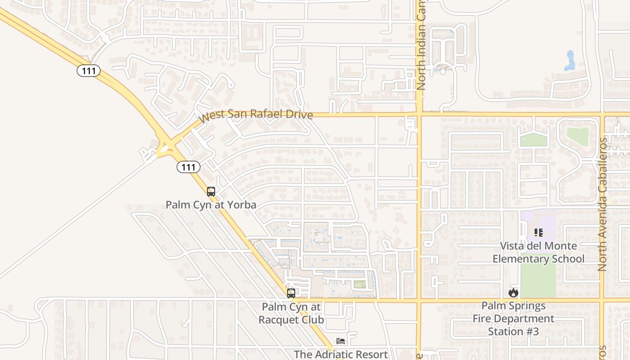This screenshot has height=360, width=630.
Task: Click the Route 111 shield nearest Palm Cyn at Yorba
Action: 188,167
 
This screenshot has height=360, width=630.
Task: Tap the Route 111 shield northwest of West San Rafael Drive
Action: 88,70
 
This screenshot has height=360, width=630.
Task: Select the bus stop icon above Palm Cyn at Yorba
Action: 211,191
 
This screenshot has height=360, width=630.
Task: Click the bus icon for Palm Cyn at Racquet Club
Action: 291,293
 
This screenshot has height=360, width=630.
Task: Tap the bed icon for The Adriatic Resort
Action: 341,341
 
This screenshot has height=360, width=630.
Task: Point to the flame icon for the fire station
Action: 513,292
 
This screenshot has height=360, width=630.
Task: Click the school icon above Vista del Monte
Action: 538,233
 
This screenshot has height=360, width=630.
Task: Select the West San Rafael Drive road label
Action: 256,115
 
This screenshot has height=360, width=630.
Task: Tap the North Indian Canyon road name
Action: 421,45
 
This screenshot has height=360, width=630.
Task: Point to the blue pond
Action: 570,61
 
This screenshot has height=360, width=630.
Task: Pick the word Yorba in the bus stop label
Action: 241,205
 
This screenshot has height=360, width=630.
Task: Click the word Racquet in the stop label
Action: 276,320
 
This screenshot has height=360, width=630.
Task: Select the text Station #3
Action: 513,331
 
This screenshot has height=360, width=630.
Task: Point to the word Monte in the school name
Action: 560,246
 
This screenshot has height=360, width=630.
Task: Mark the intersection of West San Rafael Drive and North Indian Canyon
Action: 419,114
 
